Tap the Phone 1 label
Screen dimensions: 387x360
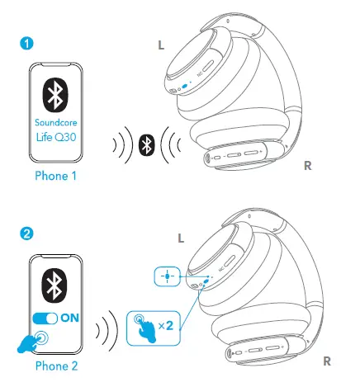tap(56, 176)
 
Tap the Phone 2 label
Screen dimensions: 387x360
tap(56, 366)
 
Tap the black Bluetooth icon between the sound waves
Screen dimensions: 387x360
tap(146, 145)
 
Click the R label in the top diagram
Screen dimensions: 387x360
tap(307, 166)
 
